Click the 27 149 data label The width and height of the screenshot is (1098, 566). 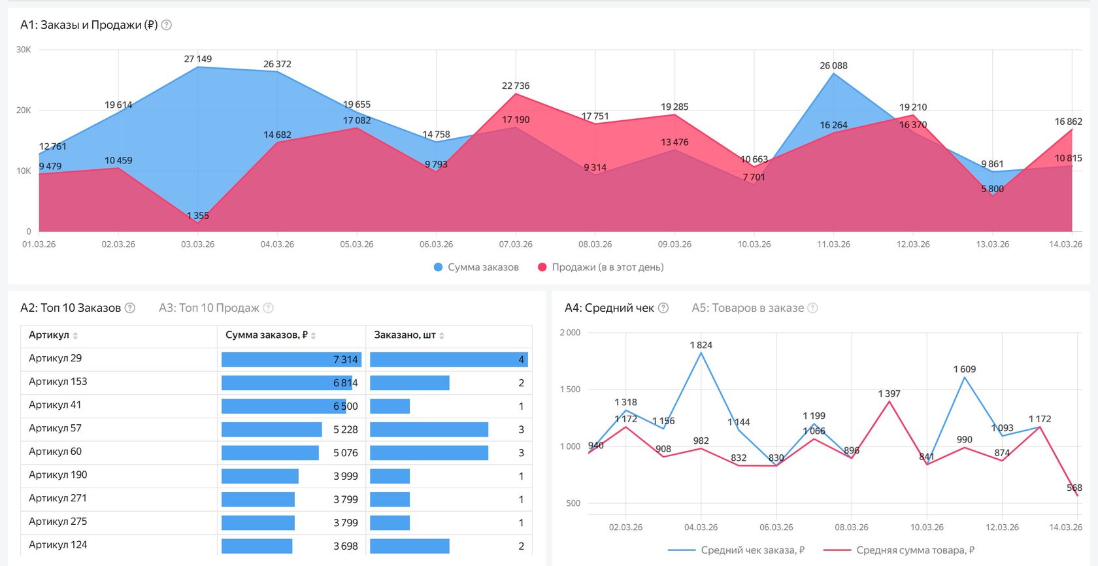point(198,59)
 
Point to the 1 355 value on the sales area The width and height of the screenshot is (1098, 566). point(197,216)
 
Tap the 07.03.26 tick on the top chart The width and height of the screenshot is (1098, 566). point(516,244)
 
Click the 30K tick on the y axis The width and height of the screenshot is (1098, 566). point(24,50)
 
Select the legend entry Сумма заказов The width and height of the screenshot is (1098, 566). point(476,267)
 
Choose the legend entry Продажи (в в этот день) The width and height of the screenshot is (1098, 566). point(601,267)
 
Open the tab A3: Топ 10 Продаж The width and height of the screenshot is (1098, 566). point(209,308)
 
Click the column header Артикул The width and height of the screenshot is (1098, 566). point(49,335)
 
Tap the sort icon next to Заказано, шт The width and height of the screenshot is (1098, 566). point(442,336)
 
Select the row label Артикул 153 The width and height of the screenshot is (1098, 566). point(58,381)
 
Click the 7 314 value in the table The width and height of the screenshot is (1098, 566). point(346,359)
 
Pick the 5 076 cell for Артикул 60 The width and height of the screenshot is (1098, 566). point(346,453)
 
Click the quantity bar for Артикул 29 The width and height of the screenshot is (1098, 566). point(448,359)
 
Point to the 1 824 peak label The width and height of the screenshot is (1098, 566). point(701,345)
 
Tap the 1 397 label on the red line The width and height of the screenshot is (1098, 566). point(889,393)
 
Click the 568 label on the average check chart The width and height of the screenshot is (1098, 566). point(1074,488)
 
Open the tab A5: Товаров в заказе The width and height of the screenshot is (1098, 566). point(748,308)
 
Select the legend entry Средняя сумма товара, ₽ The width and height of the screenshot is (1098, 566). point(899,550)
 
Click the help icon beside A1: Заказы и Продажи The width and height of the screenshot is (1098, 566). point(167,25)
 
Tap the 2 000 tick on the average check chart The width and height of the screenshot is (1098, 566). point(570,333)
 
